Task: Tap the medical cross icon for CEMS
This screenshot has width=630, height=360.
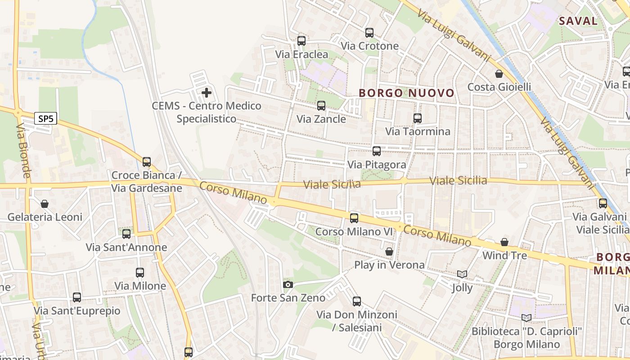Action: pyautogui.click(x=207, y=93)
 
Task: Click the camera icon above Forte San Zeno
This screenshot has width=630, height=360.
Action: pyautogui.click(x=288, y=284)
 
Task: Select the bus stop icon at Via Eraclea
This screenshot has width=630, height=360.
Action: pyautogui.click(x=301, y=41)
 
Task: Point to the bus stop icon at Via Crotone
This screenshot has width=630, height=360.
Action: pyautogui.click(x=369, y=33)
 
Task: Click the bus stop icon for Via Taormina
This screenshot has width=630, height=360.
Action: pyautogui.click(x=418, y=118)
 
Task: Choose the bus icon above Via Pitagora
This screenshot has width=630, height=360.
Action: pyautogui.click(x=377, y=151)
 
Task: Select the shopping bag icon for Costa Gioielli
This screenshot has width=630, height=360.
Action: pyautogui.click(x=499, y=74)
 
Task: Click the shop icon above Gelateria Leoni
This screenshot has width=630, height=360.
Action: pyautogui.click(x=45, y=204)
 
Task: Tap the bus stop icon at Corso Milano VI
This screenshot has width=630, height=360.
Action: pyautogui.click(x=354, y=218)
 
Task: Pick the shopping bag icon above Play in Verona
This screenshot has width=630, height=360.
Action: pyautogui.click(x=389, y=252)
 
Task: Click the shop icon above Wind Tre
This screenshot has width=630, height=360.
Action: pyautogui.click(x=504, y=243)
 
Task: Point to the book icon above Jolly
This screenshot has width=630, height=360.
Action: pyautogui.click(x=462, y=274)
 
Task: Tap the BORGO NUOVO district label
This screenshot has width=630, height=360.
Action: pyautogui.click(x=406, y=93)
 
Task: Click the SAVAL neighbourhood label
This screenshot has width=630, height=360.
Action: pyautogui.click(x=578, y=21)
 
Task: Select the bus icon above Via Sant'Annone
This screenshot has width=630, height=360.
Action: pyautogui.click(x=126, y=234)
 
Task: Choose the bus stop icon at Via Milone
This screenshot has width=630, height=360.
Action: pyautogui.click(x=140, y=273)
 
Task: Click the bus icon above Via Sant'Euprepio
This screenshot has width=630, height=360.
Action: pyautogui.click(x=77, y=297)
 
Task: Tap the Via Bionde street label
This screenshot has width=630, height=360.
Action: pyautogui.click(x=23, y=151)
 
